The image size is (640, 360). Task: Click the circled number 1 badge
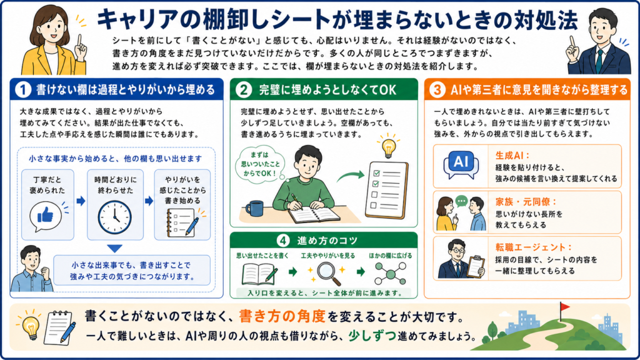(23, 90)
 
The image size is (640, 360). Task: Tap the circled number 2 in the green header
(244, 90)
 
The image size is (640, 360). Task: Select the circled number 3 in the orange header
(437, 90)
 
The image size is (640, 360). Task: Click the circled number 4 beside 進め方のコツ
(283, 241)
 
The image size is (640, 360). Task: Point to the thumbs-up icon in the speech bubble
(45, 215)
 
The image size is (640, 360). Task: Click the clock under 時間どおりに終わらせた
(115, 217)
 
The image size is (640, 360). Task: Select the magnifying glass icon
(329, 273)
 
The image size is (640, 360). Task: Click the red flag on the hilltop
(564, 306)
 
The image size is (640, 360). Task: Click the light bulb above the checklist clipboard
(388, 147)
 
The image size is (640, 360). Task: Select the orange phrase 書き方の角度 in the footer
(282, 316)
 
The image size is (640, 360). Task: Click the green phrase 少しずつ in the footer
(372, 336)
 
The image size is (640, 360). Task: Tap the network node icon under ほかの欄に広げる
(391, 273)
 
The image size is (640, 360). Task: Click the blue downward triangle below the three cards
(115, 249)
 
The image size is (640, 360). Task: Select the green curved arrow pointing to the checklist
(351, 176)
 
